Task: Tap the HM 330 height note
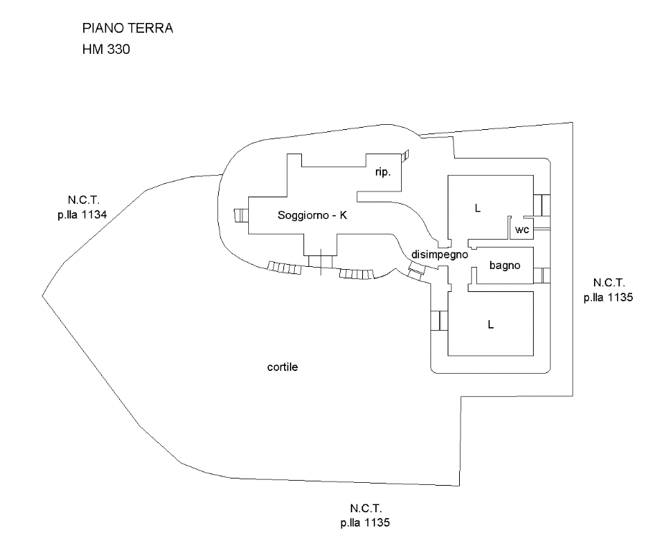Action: pos(106,50)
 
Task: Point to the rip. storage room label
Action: pos(382,172)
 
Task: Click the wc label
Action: pos(522,230)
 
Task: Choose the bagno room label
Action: pos(505,265)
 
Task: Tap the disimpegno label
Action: pos(440,254)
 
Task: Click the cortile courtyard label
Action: pos(282,367)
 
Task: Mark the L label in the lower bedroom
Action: pos(491,324)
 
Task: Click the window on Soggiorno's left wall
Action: pos(240,215)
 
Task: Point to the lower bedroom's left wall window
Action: pos(436,321)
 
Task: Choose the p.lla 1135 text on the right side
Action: pos(608,298)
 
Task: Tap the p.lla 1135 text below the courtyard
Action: pos(365,522)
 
